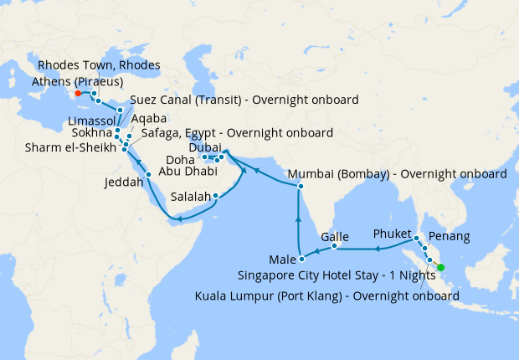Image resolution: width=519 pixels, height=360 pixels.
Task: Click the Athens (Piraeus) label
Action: pyautogui.click(x=77, y=82)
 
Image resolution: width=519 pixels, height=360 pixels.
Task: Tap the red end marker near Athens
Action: pyautogui.click(x=78, y=94)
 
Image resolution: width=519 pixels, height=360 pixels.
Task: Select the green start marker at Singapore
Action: pyautogui.click(x=440, y=268)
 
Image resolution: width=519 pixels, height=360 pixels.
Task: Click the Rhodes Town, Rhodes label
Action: pyautogui.click(x=100, y=66)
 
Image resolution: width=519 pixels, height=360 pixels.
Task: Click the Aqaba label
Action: pyautogui.click(x=149, y=120)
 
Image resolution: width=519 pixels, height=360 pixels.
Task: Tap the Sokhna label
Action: pyautogui.click(x=89, y=133)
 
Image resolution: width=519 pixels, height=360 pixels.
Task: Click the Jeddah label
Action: pyautogui.click(x=124, y=181)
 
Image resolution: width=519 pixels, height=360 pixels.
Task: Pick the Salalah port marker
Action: pyautogui.click(x=216, y=197)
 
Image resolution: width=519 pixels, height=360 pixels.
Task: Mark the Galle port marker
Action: pyautogui.click(x=334, y=246)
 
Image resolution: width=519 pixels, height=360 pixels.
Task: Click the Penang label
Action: pyautogui.click(x=448, y=237)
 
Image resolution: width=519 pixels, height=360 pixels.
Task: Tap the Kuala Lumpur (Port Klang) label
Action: pyautogui.click(x=326, y=296)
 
